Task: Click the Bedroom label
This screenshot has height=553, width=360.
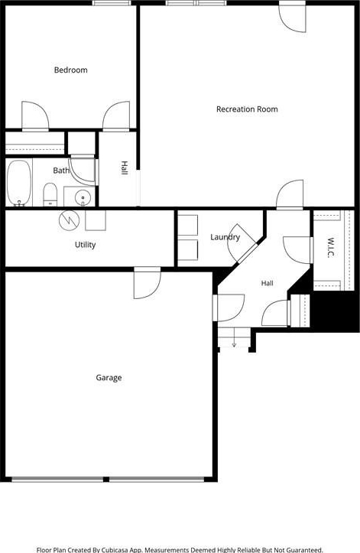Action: pos(71,70)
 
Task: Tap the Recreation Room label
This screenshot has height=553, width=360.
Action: pos(247,109)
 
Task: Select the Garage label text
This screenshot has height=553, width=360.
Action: pos(109,378)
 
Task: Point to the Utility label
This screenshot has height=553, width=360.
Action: pos(86,245)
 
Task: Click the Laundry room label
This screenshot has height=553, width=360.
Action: pos(225,237)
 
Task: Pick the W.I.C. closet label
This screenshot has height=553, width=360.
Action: pos(330,248)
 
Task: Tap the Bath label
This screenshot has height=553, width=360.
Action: pos(61,171)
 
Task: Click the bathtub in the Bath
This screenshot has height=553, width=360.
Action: pos(19,182)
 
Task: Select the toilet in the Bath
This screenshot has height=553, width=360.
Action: pos(50,194)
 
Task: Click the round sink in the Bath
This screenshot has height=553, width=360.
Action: pos(83,196)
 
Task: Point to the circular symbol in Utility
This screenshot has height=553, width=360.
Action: pos(69,221)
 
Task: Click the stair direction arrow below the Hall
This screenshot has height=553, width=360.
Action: pos(234,340)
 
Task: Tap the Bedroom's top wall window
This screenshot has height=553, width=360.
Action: pos(112,3)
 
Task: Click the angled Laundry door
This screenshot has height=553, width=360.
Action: pos(242,244)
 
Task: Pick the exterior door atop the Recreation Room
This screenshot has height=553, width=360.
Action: pos(292,17)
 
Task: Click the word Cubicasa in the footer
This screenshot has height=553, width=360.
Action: pos(115,549)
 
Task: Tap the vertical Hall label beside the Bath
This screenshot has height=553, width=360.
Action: pos(124,168)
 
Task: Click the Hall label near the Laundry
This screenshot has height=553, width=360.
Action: pos(268,283)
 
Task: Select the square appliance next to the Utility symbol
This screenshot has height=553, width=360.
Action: pos(96,220)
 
